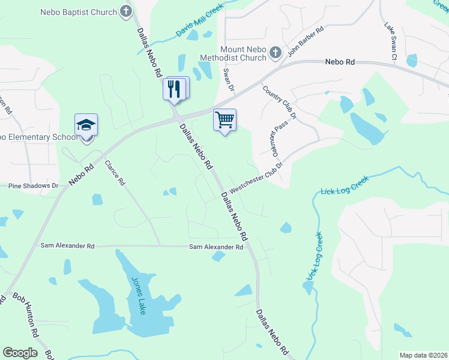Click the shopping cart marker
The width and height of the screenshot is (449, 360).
pos(224,119)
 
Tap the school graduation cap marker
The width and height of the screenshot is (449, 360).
pos(86,125)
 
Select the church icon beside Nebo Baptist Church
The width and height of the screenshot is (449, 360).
pos(126,11)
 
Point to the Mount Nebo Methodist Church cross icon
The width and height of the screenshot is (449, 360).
pos(276,52)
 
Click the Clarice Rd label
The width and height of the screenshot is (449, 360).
pos(115,172)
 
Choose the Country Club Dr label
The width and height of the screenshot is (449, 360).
pos(280,100)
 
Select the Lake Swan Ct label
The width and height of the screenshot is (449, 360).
pos(390,42)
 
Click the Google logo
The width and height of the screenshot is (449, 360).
pos(20,353)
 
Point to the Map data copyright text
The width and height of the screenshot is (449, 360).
pos(423,355)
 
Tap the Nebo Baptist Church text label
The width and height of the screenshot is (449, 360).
pos(78,12)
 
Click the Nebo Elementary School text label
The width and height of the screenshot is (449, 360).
pos(39,137)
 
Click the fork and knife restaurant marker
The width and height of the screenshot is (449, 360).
pos(173,89)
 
